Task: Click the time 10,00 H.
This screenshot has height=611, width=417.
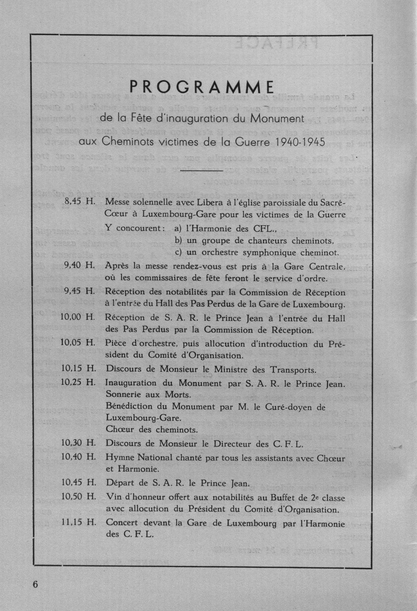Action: (77, 317)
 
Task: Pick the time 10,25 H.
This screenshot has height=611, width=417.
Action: (77, 383)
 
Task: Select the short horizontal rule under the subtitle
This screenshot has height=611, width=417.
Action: (201, 171)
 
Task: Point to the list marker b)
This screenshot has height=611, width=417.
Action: (179, 240)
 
